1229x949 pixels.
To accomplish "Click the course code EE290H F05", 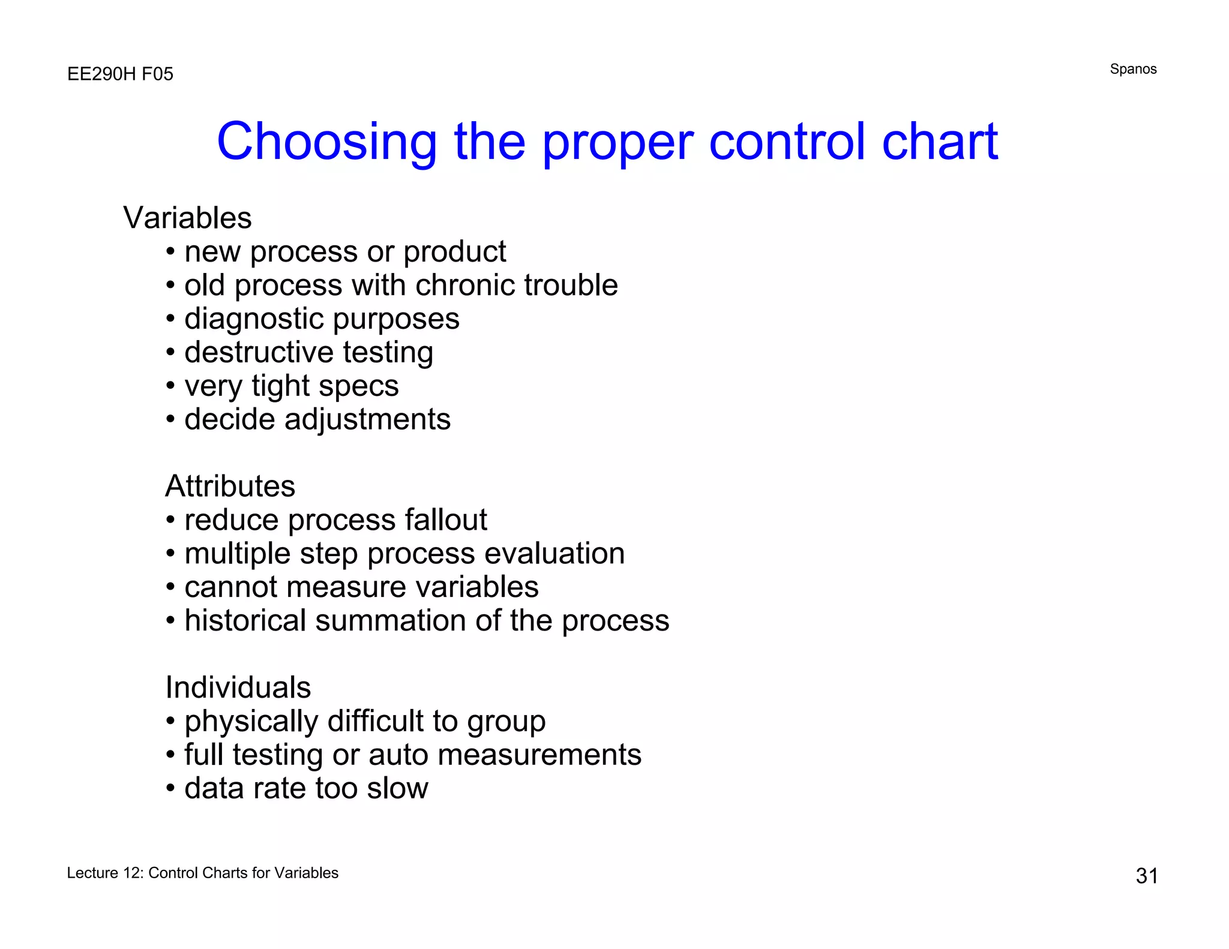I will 120,74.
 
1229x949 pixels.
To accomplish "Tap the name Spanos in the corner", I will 1133,69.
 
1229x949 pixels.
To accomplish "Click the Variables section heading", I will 187,218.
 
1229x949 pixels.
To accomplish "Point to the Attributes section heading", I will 230,486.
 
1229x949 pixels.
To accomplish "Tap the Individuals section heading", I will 238,687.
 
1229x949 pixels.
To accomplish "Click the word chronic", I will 460,285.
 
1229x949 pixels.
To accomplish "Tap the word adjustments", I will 367,419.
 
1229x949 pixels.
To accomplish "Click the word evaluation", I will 554,553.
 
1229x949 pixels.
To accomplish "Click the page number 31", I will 1147,876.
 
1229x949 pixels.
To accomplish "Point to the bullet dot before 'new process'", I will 171,252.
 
